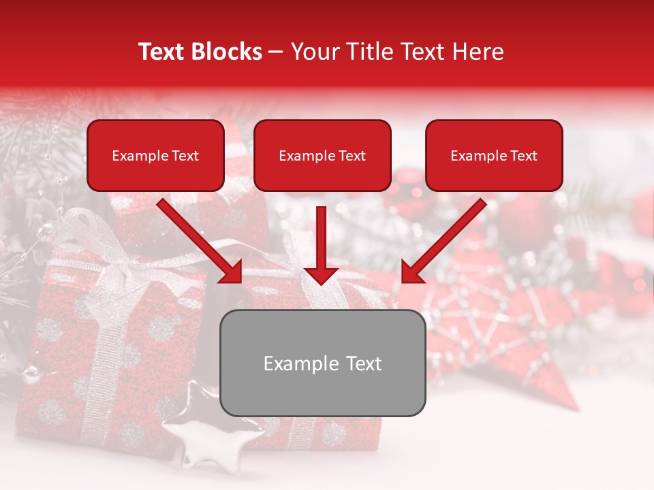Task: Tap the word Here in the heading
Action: coord(478,52)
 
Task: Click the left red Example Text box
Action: coord(155,156)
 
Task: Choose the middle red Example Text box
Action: coord(322,156)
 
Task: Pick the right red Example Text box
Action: coord(494,156)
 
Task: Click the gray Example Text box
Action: coord(322,363)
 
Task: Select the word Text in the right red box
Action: coord(523,156)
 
